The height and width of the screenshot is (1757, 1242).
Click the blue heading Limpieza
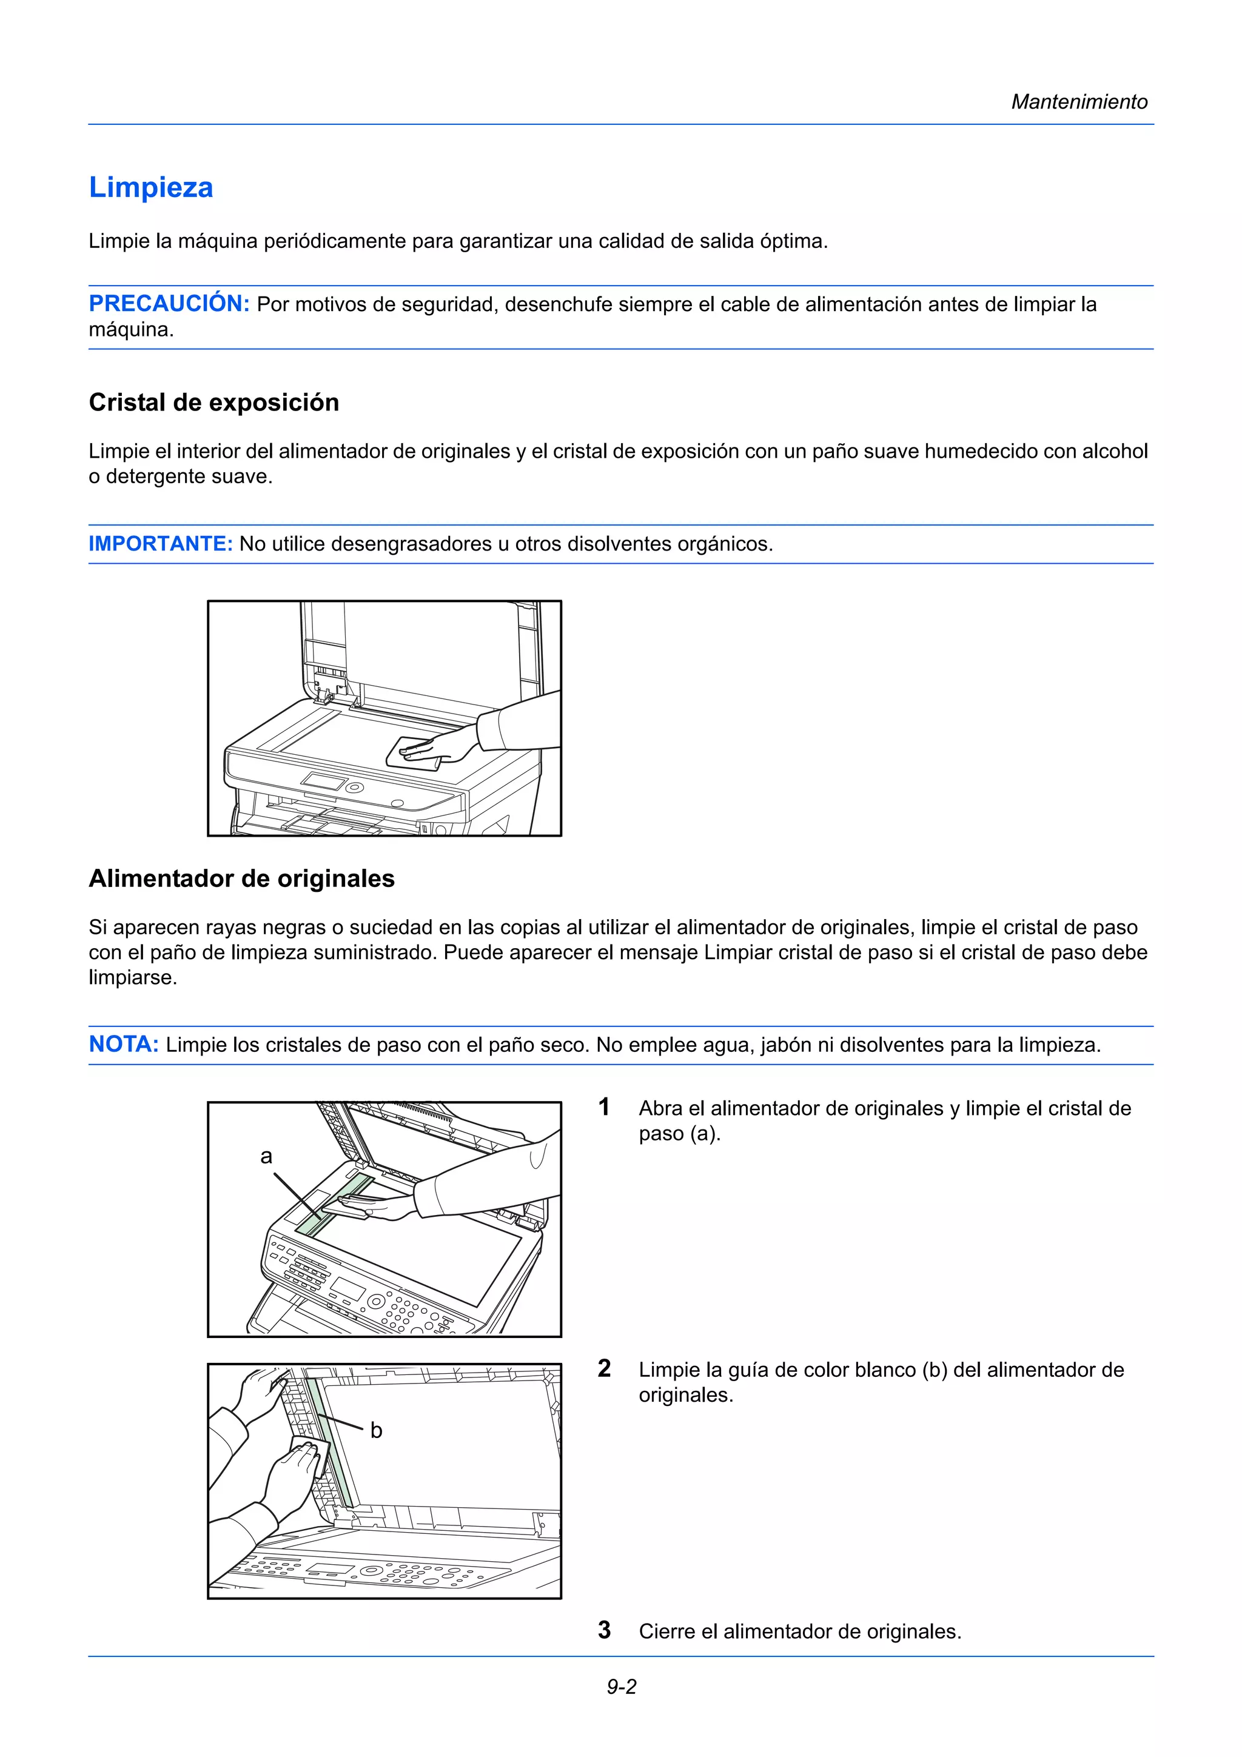pyautogui.click(x=151, y=187)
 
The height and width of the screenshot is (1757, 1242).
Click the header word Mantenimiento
pyautogui.click(x=1078, y=102)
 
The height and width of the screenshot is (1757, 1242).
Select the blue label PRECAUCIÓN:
pyautogui.click(x=169, y=304)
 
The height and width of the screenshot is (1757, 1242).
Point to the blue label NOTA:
pyautogui.click(x=124, y=1044)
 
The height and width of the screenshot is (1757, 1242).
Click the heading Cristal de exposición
pyautogui.click(x=213, y=403)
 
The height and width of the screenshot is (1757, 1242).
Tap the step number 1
pyautogui.click(x=604, y=1106)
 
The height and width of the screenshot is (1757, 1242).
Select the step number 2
pyautogui.click(x=604, y=1368)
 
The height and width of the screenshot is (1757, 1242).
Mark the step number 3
pyautogui.click(x=604, y=1630)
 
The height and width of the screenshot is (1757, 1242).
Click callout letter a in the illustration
pyautogui.click(x=266, y=1156)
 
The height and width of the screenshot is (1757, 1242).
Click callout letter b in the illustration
pyautogui.click(x=376, y=1430)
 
